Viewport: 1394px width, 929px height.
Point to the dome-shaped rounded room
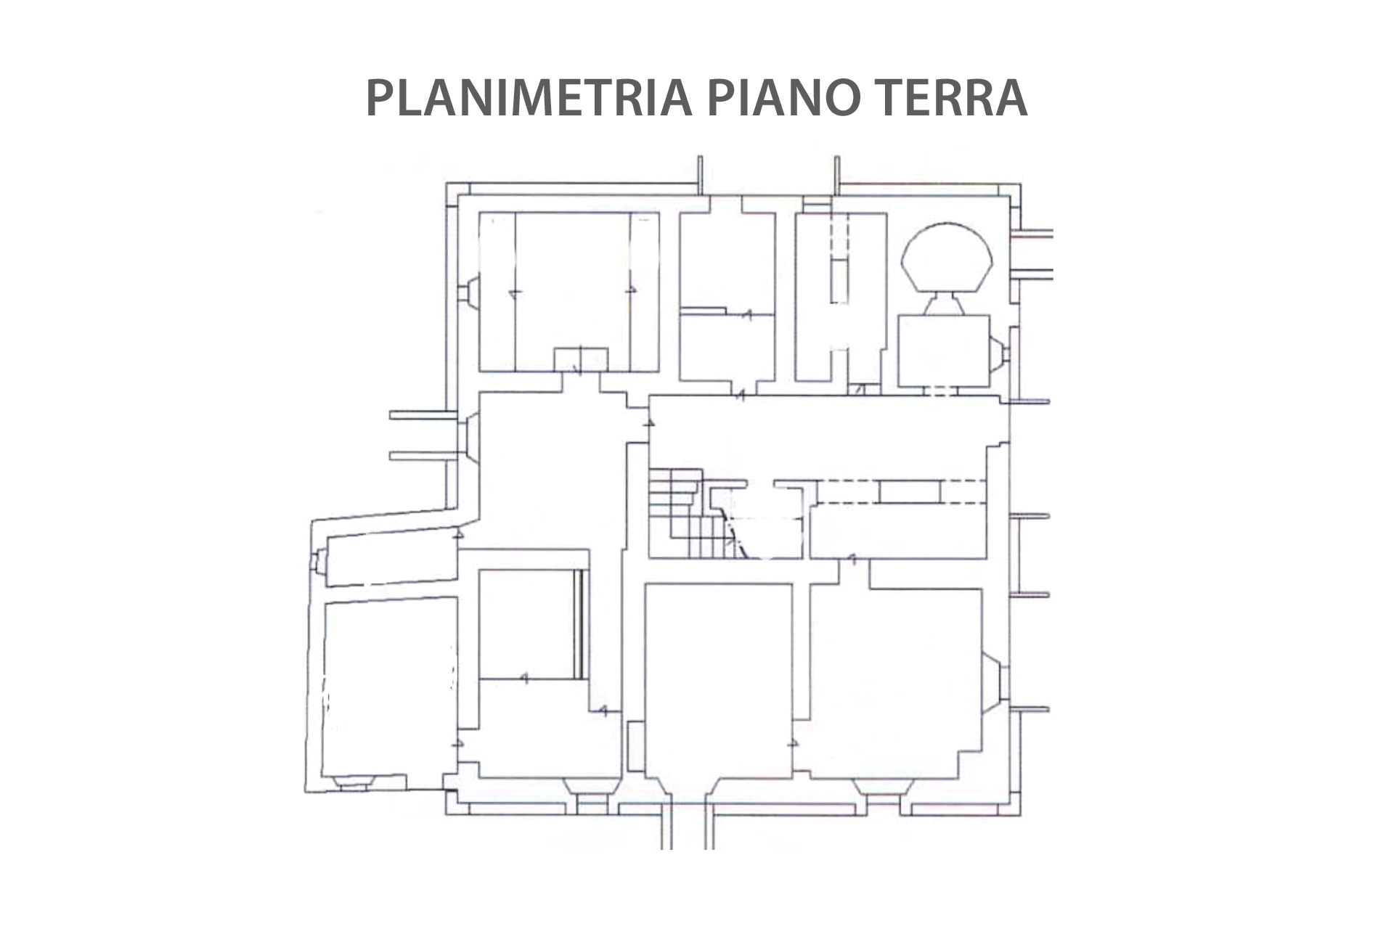pyautogui.click(x=946, y=258)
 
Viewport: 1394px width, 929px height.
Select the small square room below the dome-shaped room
pyautogui.click(x=944, y=351)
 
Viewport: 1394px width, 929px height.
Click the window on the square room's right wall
pyautogui.click(x=999, y=352)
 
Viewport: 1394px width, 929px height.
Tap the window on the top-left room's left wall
pyautogui.click(x=470, y=292)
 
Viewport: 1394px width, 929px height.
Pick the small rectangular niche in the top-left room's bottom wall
pyautogui.click(x=581, y=359)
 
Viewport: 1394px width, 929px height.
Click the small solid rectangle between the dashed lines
pyautogui.click(x=910, y=491)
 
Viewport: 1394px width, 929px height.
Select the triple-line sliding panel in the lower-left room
pyautogui.click(x=579, y=624)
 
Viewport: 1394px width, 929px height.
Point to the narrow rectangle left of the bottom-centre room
pyautogui.click(x=635, y=746)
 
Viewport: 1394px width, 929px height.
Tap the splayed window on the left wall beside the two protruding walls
pyautogui.click(x=470, y=436)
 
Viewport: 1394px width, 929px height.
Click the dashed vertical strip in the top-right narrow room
pyautogui.click(x=840, y=258)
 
